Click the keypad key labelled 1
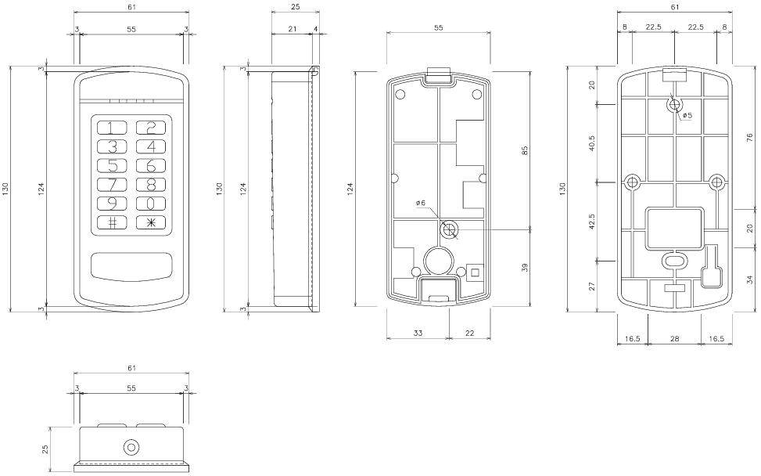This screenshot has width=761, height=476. (112, 128)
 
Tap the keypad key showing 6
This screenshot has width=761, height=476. (151, 166)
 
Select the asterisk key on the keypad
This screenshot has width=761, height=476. (151, 222)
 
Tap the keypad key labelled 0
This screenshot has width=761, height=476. (151, 204)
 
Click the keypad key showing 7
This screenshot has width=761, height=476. (112, 185)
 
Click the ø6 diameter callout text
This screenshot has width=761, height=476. (421, 202)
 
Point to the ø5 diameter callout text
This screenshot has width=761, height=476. (687, 116)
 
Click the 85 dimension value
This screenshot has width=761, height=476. (524, 150)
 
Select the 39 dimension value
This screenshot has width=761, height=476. (524, 267)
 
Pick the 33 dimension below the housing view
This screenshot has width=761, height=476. (418, 333)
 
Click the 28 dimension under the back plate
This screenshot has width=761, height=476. (675, 338)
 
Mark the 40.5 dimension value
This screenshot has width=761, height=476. (591, 143)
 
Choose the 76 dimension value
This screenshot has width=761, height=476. (749, 138)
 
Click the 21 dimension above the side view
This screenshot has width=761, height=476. (293, 29)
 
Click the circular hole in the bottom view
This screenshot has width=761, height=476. (131, 448)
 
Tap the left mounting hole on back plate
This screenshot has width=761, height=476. (632, 182)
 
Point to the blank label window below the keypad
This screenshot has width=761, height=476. (131, 267)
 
